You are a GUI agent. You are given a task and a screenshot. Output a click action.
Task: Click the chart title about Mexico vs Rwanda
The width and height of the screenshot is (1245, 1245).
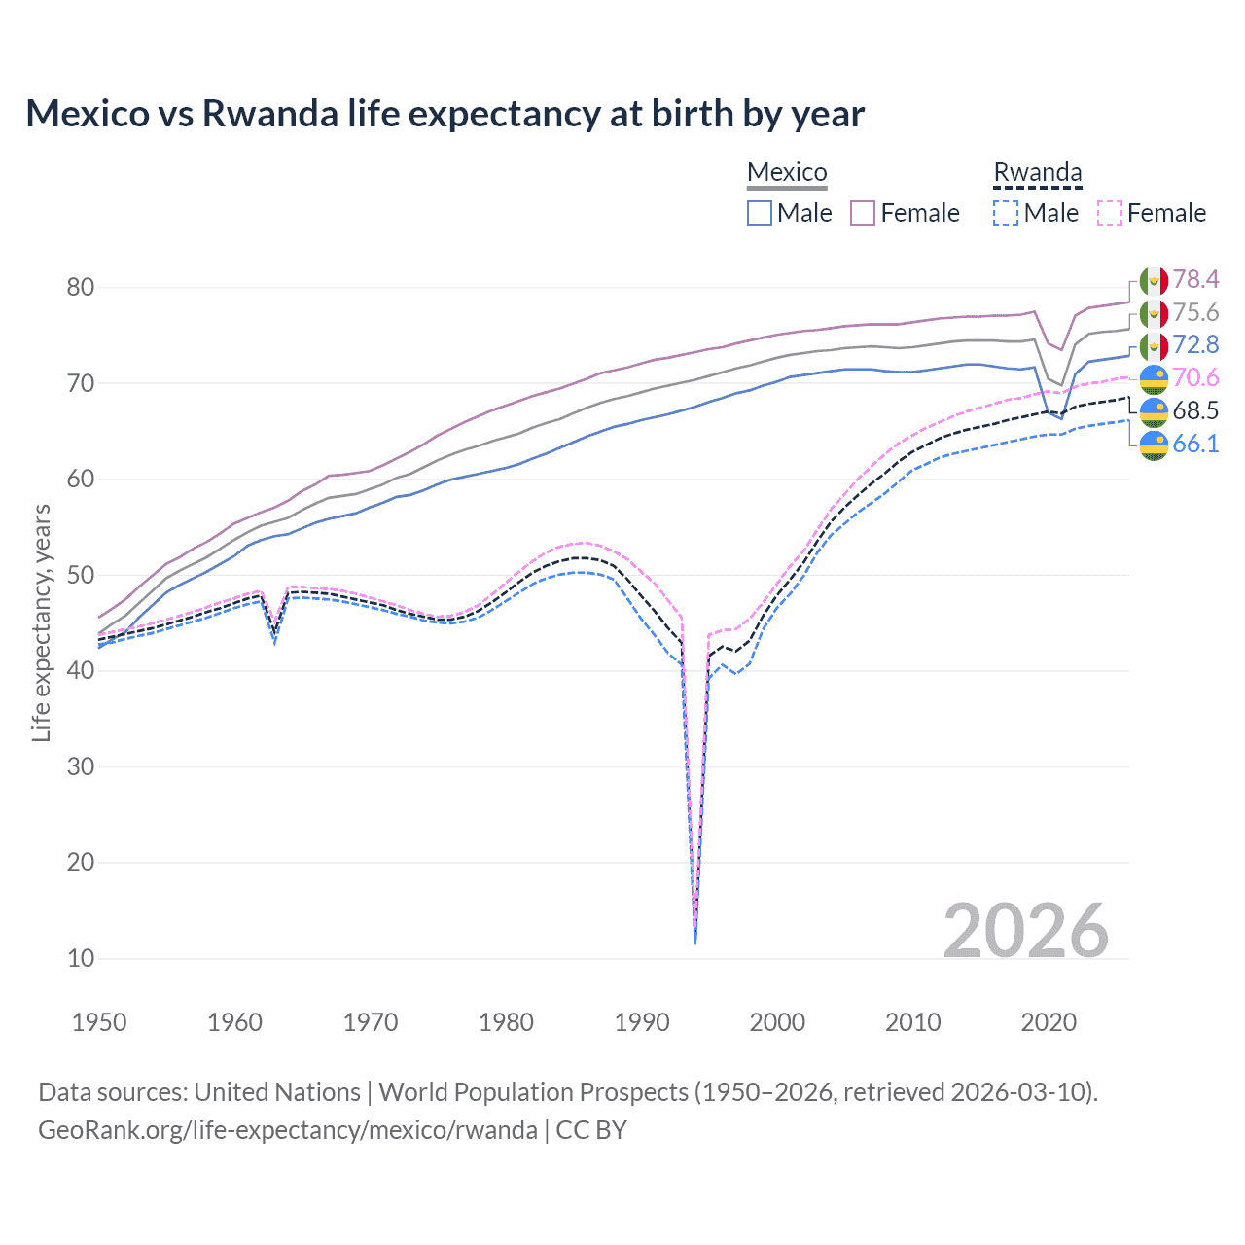click(445, 114)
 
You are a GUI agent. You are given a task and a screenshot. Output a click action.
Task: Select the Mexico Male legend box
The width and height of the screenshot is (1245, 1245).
click(760, 213)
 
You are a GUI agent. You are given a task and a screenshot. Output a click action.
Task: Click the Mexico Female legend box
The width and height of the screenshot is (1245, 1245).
click(863, 213)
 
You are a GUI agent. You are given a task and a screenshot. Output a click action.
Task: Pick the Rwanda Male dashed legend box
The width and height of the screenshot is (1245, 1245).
click(1006, 213)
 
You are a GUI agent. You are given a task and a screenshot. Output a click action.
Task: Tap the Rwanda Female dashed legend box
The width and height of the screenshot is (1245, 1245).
click(1110, 213)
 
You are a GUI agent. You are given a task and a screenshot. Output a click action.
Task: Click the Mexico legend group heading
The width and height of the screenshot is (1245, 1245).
click(787, 172)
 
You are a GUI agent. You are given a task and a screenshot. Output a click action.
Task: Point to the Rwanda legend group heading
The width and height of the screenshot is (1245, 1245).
click(1037, 172)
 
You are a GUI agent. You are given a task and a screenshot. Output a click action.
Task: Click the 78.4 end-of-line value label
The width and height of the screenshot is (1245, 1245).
click(1195, 280)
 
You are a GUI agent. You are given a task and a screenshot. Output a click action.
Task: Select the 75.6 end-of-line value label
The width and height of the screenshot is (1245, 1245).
click(1195, 312)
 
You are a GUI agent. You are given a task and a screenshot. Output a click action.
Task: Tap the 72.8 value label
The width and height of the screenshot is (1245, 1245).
click(1195, 345)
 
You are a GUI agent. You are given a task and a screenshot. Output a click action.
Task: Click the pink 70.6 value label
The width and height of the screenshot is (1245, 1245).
click(1195, 378)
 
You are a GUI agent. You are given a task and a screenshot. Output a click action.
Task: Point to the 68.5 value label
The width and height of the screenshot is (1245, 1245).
click(1195, 410)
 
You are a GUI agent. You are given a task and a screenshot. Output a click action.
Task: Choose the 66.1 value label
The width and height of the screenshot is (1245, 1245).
click(1195, 444)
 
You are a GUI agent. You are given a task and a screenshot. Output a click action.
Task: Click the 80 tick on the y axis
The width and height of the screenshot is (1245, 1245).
click(81, 287)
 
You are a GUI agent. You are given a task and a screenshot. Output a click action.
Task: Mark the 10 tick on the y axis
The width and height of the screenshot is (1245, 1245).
click(81, 958)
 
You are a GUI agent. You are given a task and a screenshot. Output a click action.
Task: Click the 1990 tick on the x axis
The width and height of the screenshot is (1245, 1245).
click(642, 1022)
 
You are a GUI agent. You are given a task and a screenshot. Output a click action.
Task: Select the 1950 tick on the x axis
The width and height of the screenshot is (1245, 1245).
click(99, 1022)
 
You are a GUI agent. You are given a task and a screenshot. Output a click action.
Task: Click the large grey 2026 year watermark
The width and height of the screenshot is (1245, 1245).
click(1026, 931)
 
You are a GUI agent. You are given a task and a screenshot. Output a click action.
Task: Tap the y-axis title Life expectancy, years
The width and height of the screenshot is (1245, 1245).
click(41, 622)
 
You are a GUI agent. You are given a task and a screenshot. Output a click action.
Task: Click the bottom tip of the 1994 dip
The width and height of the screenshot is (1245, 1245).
click(694, 943)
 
